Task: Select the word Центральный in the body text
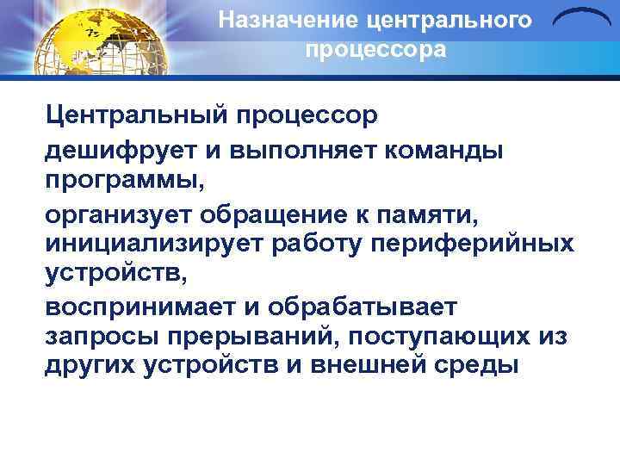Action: (138, 115)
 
